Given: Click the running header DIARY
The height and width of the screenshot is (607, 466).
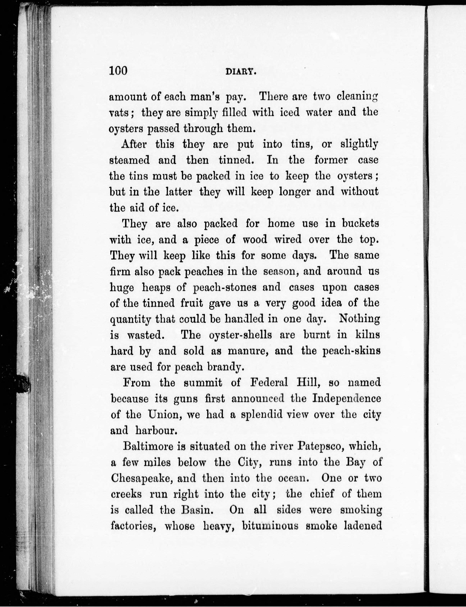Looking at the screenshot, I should (240, 72).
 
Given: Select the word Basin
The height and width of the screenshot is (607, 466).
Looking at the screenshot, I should (197, 510).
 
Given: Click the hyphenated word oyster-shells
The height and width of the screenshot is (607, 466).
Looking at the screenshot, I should (240, 335).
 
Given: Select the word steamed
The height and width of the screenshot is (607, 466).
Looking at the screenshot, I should (130, 160).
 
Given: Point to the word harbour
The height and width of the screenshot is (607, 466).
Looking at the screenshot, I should (156, 430).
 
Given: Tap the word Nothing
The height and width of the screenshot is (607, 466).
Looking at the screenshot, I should (359, 319).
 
